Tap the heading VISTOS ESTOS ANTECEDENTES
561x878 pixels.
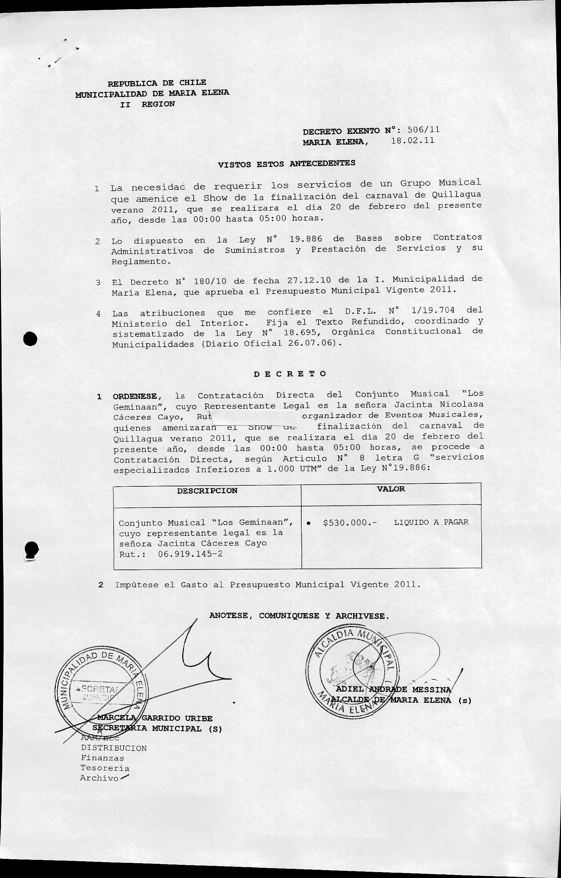tap(286, 164)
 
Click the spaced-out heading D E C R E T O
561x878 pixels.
tap(290, 374)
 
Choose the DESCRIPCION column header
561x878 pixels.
tap(207, 491)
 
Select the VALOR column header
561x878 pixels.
tap(391, 489)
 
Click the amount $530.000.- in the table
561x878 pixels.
tap(350, 523)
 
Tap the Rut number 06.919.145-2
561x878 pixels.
tap(190, 554)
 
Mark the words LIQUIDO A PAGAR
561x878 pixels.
tap(431, 522)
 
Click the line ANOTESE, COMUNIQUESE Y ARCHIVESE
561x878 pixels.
tap(299, 616)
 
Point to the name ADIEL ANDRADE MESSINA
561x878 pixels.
tap(393, 690)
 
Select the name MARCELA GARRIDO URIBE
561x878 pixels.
tap(154, 718)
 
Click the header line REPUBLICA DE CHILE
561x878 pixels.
tap(157, 83)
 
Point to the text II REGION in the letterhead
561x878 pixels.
tap(147, 104)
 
